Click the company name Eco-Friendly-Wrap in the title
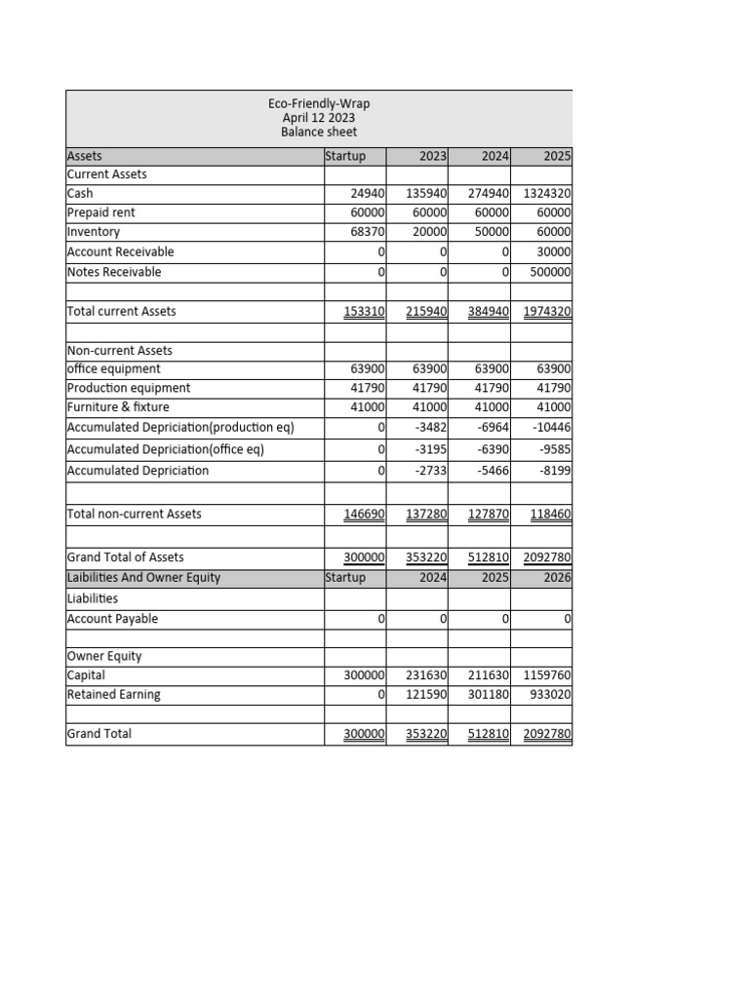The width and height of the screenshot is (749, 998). point(319,103)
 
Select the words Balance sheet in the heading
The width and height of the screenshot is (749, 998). point(319,132)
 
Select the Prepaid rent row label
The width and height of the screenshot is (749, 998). point(100,212)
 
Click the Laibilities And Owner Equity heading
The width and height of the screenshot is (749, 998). point(143,577)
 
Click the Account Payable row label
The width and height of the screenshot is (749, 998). point(112,619)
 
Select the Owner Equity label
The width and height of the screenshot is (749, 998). point(104,656)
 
